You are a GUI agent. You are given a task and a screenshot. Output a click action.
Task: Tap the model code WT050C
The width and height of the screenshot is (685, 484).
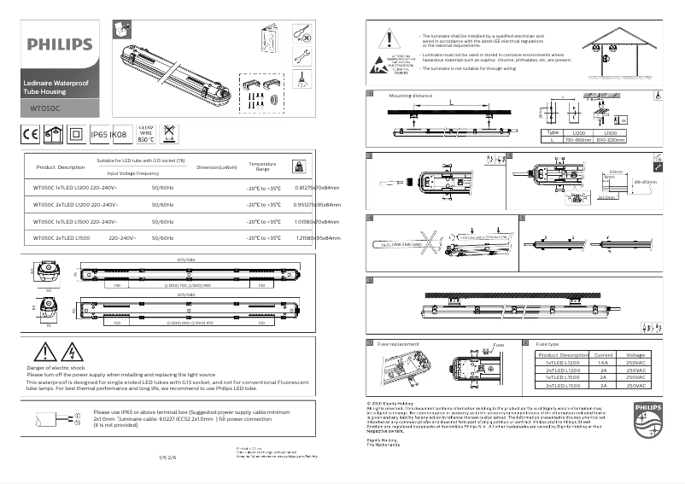click(44, 108)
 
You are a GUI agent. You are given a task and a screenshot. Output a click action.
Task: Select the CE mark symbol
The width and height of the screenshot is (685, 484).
click(29, 133)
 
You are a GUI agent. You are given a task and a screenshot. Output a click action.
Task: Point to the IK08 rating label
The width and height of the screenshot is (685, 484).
click(120, 134)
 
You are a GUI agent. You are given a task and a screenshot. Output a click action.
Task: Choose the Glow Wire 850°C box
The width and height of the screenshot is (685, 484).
click(145, 133)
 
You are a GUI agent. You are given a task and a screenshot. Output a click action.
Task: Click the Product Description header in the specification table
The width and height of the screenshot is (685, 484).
click(61, 167)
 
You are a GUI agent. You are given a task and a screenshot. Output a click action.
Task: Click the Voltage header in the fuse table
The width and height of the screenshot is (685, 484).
click(635, 354)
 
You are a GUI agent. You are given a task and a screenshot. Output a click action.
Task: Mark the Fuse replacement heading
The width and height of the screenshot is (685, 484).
click(399, 344)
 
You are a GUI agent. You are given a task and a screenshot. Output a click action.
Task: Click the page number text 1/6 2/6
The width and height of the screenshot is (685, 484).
click(167, 458)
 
